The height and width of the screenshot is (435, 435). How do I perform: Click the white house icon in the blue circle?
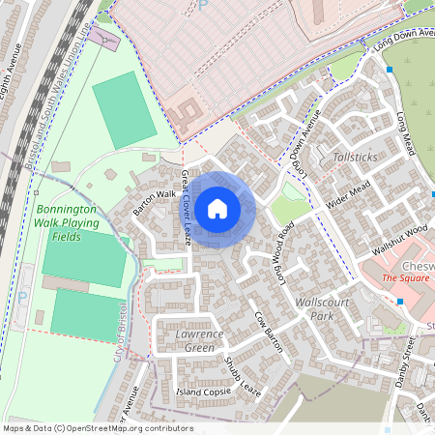(217, 208)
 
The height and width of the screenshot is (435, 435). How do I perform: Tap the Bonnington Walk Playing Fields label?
(68, 222)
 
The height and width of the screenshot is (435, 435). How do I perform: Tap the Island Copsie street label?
(204, 392)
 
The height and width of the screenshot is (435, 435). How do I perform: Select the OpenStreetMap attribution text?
(97, 428)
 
